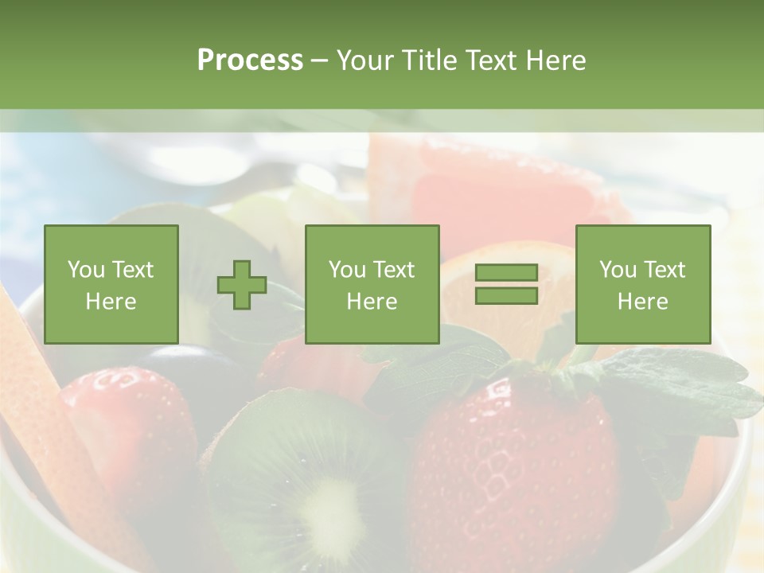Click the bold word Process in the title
(250, 60)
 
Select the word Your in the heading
(367, 60)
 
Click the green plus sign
(242, 285)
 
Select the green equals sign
(506, 284)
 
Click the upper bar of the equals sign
(506, 273)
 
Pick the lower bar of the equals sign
(506, 295)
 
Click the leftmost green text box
(111, 284)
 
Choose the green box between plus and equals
(372, 284)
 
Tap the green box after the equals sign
(643, 284)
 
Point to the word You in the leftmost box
(85, 270)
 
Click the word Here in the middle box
(372, 302)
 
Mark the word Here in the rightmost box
(643, 302)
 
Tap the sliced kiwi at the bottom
(302, 485)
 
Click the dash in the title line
(320, 60)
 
